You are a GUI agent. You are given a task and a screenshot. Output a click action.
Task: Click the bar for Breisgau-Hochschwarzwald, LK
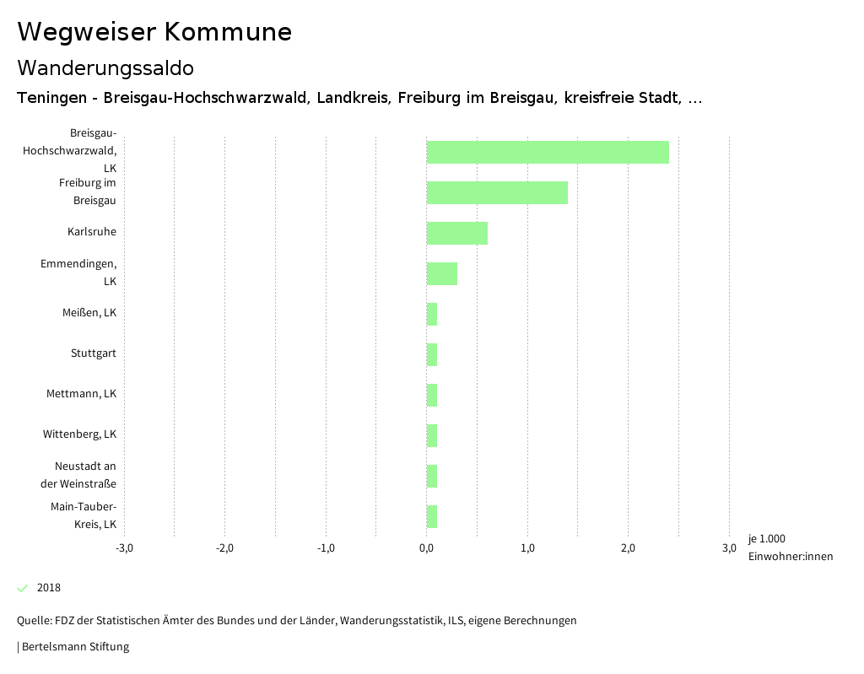pyautogui.click(x=548, y=152)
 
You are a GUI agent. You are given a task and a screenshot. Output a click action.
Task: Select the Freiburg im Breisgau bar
pyautogui.click(x=497, y=192)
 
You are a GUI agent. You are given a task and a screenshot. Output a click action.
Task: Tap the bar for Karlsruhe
pyautogui.click(x=456, y=233)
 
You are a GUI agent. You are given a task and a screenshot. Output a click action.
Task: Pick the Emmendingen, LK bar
pyautogui.click(x=441, y=273)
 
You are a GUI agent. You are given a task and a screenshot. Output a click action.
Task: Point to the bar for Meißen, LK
pyautogui.click(x=432, y=314)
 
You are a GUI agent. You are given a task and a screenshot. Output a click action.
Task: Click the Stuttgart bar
pyautogui.click(x=432, y=354)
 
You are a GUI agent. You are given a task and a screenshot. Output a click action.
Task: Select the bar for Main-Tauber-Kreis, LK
pyautogui.click(x=432, y=516)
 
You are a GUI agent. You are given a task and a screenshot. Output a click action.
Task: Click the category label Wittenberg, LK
pyautogui.click(x=79, y=434)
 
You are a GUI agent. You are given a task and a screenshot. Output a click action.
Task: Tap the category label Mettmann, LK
pyautogui.click(x=81, y=394)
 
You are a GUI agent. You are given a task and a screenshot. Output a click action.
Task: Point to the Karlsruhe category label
pyautogui.click(x=92, y=232)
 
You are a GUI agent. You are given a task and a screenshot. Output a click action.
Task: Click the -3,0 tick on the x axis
pyautogui.click(x=124, y=548)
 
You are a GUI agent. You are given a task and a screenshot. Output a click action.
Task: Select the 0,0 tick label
pyautogui.click(x=427, y=548)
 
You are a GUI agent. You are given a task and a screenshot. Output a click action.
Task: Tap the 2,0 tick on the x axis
pyautogui.click(x=629, y=548)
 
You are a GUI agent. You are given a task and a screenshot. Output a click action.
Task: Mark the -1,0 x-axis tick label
pyautogui.click(x=326, y=548)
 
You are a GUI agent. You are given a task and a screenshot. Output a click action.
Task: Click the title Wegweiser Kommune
pyautogui.click(x=154, y=32)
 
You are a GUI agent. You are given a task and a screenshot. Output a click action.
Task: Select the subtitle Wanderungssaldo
pyautogui.click(x=105, y=67)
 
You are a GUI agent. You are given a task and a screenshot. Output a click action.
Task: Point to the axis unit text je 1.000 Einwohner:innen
pyautogui.click(x=790, y=547)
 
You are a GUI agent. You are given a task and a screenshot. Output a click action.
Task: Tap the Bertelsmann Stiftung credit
pyautogui.click(x=74, y=647)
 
